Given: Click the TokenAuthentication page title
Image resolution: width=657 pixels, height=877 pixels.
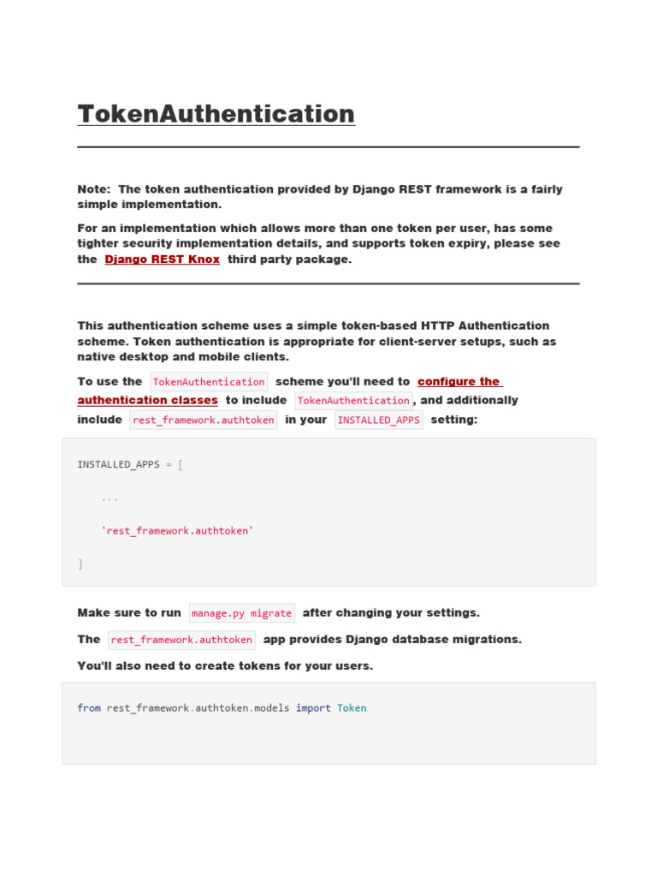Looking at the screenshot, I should point(216,114).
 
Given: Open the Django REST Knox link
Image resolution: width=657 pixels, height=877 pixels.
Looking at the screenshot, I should point(162,260).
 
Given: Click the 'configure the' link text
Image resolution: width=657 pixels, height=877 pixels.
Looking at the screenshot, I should point(459,381).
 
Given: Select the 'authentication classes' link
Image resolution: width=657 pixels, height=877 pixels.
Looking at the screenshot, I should point(147,400).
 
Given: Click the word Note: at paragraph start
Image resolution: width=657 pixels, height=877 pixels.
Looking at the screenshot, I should point(93,189).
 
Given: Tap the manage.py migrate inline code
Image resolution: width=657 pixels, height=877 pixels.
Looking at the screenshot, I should point(241,613).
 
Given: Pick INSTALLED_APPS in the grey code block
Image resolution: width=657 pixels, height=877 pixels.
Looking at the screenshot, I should point(118,464).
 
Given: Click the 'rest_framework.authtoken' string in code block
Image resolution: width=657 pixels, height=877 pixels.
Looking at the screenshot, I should point(178,531).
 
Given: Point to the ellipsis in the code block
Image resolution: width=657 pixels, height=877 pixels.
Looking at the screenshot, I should point(109,498).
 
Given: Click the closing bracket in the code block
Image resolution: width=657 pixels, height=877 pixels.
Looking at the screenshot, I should point(80,564).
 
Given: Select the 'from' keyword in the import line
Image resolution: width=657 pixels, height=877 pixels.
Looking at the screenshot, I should point(89,708).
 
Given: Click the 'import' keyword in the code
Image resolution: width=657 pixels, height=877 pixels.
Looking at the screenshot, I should point(313,708).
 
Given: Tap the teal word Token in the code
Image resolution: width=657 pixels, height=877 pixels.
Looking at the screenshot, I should point(352,708).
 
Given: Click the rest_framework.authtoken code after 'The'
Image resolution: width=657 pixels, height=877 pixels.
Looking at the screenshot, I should point(181,640).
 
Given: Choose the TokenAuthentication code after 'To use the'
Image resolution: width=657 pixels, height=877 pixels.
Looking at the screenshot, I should point(209,382).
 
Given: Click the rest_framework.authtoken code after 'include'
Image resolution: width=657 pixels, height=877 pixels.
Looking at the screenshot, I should point(203,420).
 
